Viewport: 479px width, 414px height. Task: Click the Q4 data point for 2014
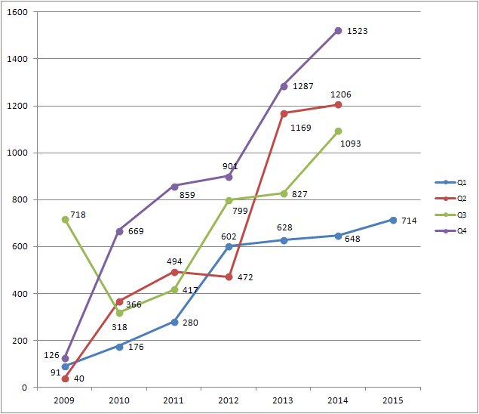tap(338, 31)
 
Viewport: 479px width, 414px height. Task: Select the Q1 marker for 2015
tap(393, 220)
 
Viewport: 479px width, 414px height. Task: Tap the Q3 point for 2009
tap(66, 219)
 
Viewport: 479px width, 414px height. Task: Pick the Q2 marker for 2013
tap(284, 113)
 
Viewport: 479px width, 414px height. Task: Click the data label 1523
tap(357, 31)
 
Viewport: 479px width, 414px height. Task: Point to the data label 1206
tap(341, 94)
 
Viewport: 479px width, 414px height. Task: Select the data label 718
tap(78, 215)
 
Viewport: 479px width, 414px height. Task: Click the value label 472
tap(245, 277)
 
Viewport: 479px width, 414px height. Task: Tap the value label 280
tap(190, 323)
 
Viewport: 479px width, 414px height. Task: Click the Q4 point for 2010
tap(120, 231)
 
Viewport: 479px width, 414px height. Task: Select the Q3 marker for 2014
tap(338, 131)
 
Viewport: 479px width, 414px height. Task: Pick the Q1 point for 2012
tap(229, 246)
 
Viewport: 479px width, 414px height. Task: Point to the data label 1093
tap(351, 144)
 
